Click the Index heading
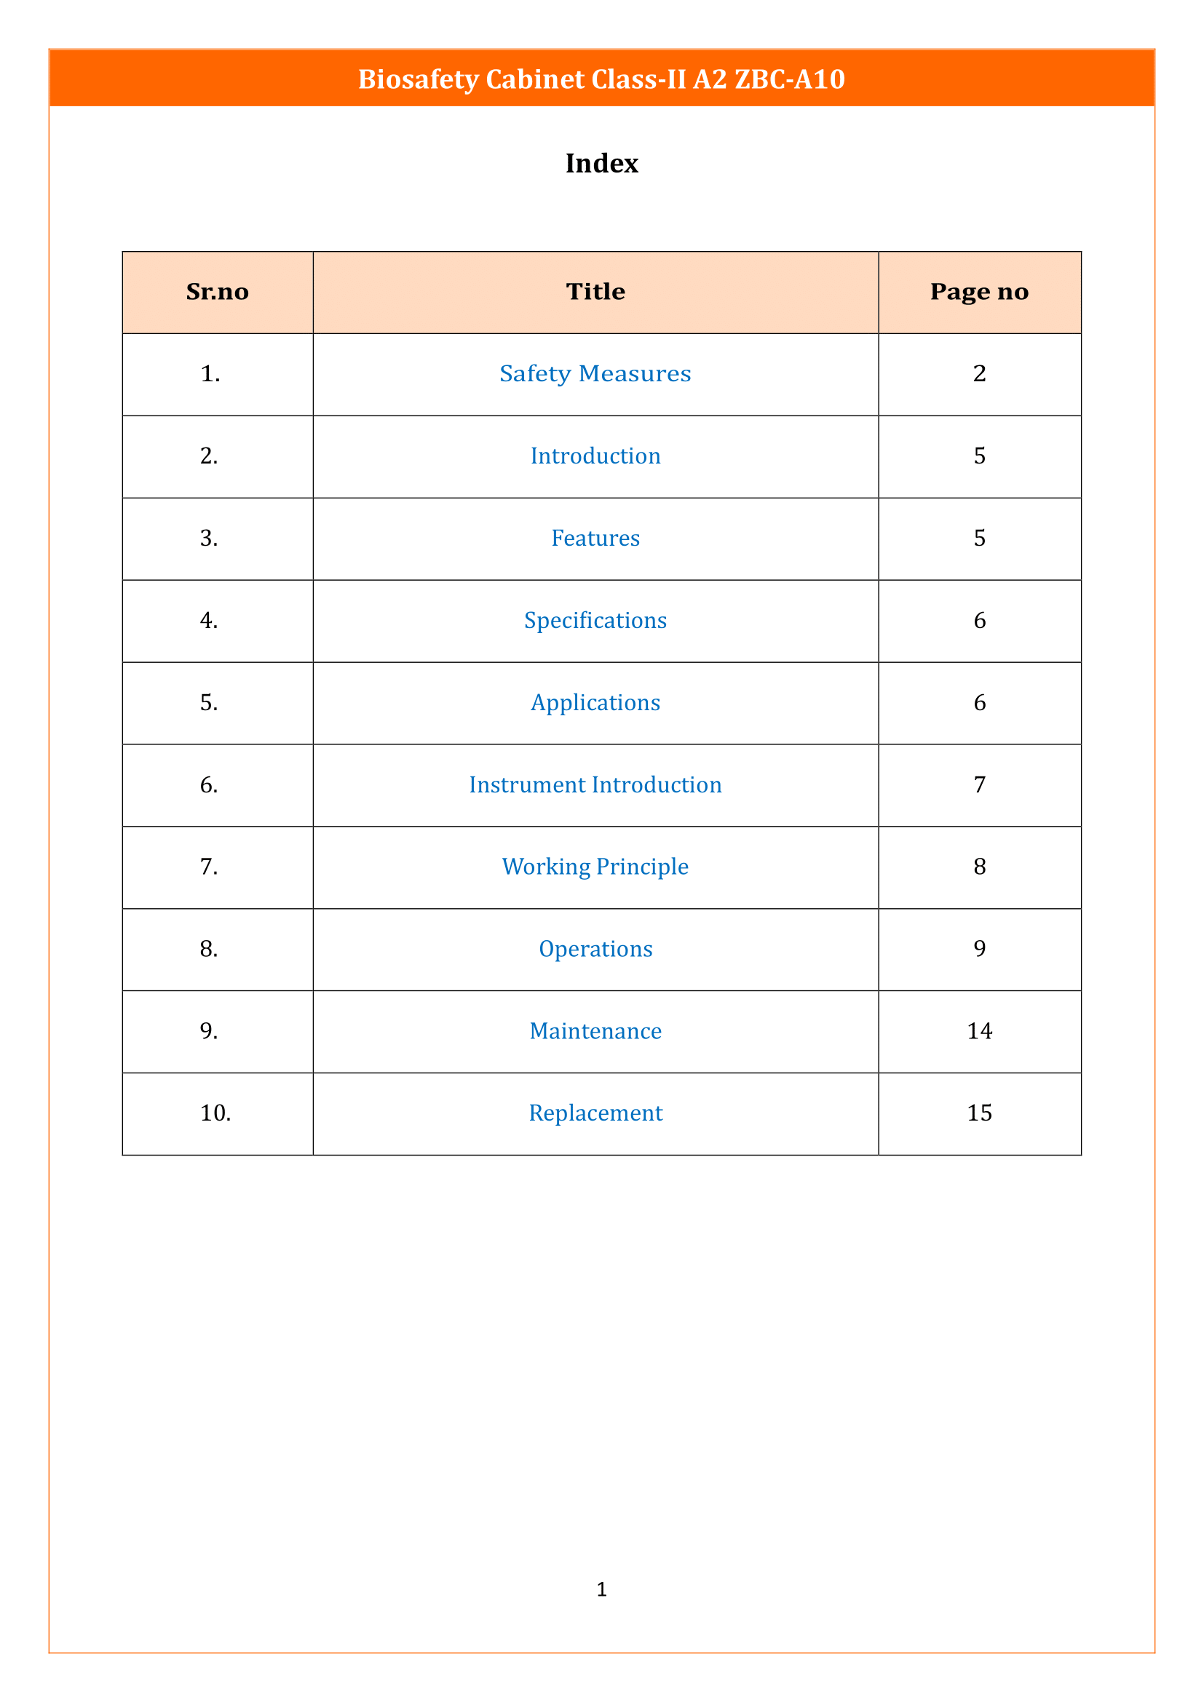point(601,163)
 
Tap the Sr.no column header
point(217,292)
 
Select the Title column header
point(595,292)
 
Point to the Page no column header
point(978,292)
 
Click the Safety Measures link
point(595,373)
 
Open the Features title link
point(595,538)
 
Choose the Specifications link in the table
point(595,621)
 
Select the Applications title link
point(595,703)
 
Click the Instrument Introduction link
point(595,785)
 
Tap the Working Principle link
point(595,867)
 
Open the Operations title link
point(595,949)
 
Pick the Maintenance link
point(595,1031)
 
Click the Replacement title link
point(595,1113)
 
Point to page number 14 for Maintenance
point(978,1031)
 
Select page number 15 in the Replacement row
point(978,1113)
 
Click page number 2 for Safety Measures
point(978,373)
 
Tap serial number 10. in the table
point(215,1113)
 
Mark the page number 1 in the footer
point(601,1588)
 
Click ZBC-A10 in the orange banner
point(789,79)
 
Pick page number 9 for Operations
point(978,949)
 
